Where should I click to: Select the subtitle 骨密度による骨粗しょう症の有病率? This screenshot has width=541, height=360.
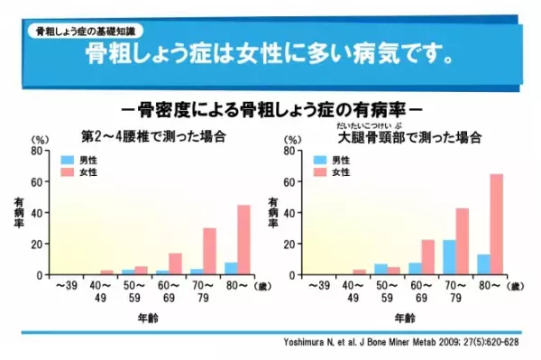270,111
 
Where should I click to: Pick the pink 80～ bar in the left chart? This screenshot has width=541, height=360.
243,240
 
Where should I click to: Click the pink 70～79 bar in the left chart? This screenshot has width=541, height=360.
210,251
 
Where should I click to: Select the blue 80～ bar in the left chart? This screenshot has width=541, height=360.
231,268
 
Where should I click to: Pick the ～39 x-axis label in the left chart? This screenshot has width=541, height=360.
68,286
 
